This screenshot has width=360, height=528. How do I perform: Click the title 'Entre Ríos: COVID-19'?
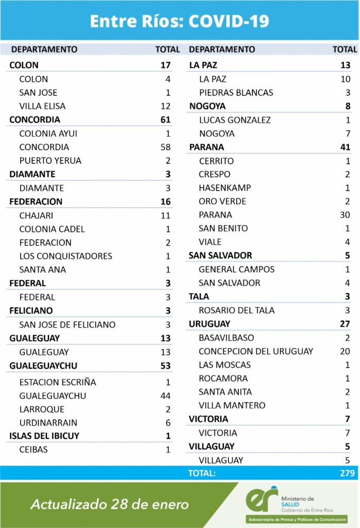click(179, 21)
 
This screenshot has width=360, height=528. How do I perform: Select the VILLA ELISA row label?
click(42, 106)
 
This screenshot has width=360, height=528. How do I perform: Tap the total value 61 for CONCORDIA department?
click(165, 120)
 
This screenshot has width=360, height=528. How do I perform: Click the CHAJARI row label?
click(36, 216)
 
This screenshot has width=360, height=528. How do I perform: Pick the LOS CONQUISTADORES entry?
click(66, 256)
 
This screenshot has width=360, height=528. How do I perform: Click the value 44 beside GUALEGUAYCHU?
click(165, 395)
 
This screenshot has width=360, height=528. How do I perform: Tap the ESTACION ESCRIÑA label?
click(58, 382)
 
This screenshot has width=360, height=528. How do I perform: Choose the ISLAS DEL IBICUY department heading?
click(44, 436)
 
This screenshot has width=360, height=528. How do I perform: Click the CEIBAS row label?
click(34, 450)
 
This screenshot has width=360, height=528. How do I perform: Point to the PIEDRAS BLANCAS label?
click(236, 93)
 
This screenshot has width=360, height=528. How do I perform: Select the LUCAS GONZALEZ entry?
click(235, 120)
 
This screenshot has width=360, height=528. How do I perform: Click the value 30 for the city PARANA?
click(345, 214)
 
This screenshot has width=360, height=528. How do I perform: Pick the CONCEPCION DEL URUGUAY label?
click(256, 351)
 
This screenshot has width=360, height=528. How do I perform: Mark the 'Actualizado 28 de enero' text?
click(109, 504)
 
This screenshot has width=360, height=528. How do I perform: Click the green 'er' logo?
click(261, 499)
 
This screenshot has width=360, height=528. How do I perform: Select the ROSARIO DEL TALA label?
click(237, 310)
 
